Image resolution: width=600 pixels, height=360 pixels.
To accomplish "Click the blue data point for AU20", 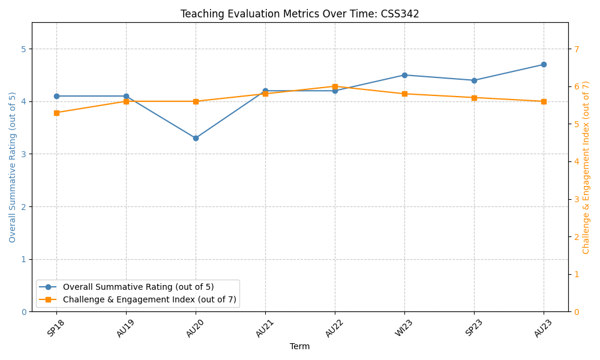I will (x=196, y=138).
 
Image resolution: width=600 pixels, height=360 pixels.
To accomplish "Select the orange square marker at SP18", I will (x=56, y=113).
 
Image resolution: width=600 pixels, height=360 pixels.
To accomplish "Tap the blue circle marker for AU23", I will (x=544, y=64).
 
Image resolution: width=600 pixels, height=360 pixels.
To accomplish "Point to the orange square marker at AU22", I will (x=335, y=86).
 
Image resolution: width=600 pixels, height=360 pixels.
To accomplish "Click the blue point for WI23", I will (x=404, y=75).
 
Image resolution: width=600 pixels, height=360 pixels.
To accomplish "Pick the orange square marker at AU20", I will (x=196, y=101).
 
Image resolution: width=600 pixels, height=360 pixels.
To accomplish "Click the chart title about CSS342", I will (x=300, y=14).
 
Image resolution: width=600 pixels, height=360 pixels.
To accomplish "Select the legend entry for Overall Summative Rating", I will (x=138, y=287).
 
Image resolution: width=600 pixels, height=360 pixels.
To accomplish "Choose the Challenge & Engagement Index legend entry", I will (x=149, y=299).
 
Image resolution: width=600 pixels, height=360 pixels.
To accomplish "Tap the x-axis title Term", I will (x=300, y=346).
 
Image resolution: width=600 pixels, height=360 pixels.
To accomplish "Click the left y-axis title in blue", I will (x=13, y=167).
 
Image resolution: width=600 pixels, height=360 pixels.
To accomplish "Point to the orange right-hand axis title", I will (x=586, y=167).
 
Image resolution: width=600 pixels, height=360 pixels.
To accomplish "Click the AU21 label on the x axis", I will (x=264, y=328).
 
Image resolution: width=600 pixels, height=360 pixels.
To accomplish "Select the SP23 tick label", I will (x=473, y=328).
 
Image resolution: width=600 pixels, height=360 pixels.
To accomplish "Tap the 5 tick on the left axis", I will (x=24, y=49).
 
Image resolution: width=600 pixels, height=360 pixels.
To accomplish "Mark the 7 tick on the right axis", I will (x=576, y=49).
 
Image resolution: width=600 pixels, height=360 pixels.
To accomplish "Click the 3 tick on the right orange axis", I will (x=576, y=199).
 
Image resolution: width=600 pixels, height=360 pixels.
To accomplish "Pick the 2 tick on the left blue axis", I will (x=24, y=207).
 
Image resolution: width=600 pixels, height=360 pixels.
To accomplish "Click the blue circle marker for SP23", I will (x=474, y=80).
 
